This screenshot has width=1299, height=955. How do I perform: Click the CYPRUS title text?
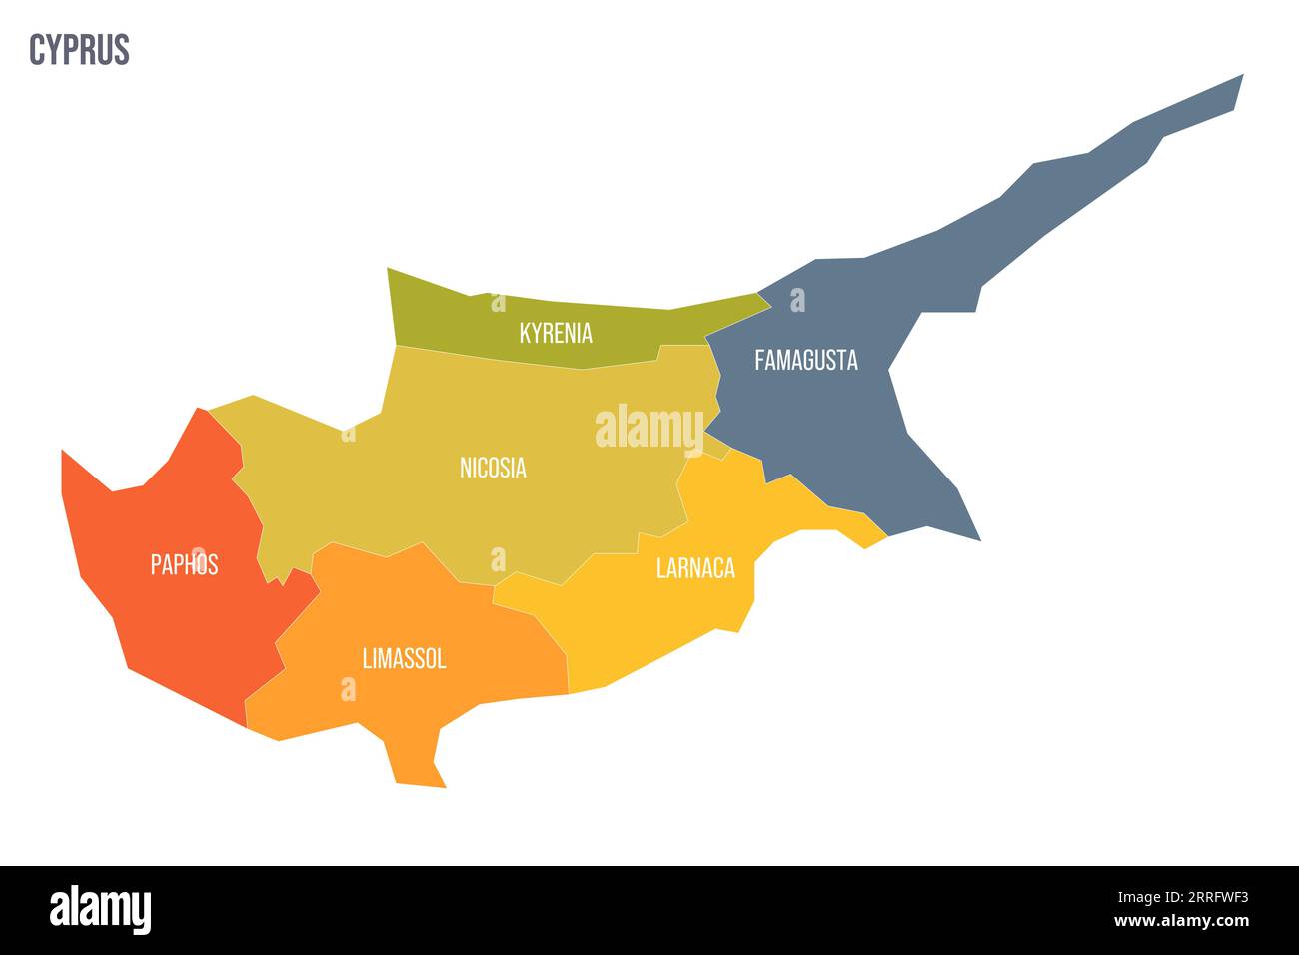click(x=79, y=49)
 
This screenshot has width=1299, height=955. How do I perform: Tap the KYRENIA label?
click(x=556, y=333)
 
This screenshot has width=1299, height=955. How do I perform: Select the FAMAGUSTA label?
click(x=805, y=360)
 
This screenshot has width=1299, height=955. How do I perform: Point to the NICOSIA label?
click(x=493, y=467)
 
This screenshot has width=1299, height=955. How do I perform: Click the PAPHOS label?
click(x=184, y=564)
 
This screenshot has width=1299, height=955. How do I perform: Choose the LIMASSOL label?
click(x=404, y=658)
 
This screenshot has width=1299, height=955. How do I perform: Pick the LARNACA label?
click(x=695, y=568)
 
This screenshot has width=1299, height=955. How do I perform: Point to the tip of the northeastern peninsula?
click(x=1241, y=76)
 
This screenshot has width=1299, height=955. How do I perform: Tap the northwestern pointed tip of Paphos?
click(x=63, y=452)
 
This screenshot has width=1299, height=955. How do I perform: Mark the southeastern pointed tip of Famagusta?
click(x=979, y=539)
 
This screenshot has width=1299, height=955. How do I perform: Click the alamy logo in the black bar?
click(x=100, y=910)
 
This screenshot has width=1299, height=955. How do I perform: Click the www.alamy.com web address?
click(x=1180, y=921)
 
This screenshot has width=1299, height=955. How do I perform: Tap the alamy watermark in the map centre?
click(x=649, y=429)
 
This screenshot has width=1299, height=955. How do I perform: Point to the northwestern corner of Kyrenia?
click(x=389, y=270)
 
